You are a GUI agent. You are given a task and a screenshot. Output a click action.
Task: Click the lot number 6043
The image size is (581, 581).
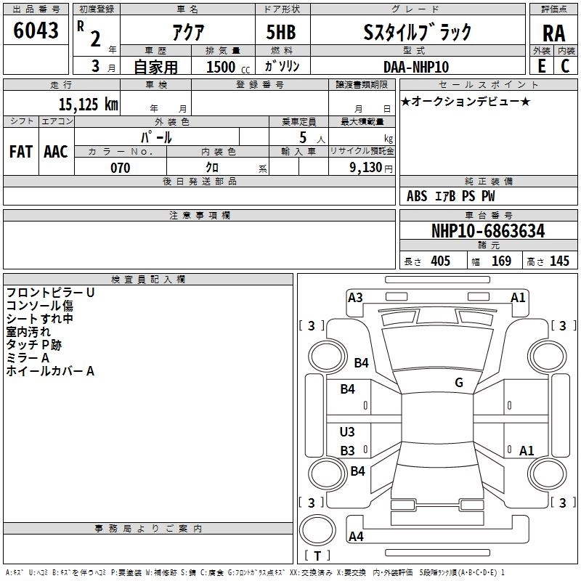point(36,31)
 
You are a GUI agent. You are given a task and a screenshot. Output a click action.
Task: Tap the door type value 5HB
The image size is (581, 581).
point(281,32)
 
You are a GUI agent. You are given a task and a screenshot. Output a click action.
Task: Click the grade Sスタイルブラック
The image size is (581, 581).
point(417,32)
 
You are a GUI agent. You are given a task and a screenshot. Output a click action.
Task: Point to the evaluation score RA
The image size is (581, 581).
point(553,34)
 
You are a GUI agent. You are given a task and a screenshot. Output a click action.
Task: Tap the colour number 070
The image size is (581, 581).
point(120,168)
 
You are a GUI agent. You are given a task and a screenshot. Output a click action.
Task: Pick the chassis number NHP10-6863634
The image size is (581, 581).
point(488,231)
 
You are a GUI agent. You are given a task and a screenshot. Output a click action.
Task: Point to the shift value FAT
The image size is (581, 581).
point(21,151)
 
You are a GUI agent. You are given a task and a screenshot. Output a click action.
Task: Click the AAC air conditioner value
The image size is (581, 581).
point(56,151)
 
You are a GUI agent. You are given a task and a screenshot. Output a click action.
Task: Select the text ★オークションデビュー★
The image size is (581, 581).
point(466,101)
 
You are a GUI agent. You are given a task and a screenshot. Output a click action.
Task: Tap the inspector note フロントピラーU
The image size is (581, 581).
point(50,292)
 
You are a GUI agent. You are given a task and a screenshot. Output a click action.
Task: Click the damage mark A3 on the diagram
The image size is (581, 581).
point(355,297)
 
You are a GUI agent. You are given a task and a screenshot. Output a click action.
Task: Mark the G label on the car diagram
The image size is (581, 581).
point(459,383)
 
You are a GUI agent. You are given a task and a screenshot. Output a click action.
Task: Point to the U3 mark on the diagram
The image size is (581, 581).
point(348,432)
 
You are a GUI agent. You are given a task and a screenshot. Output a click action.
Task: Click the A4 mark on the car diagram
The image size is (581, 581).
point(356,537)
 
